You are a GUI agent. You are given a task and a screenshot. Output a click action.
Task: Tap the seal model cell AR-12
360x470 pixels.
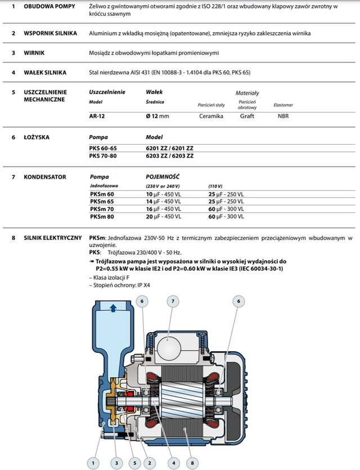(x=97, y=116)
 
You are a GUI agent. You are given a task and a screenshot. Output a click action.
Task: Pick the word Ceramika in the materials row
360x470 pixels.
(x=211, y=116)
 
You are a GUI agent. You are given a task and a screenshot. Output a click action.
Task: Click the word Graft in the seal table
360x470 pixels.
(x=247, y=116)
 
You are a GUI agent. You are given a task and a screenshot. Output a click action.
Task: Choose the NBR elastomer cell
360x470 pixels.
(x=283, y=116)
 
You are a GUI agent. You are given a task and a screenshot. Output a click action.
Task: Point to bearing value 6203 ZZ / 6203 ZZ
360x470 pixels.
(x=169, y=155)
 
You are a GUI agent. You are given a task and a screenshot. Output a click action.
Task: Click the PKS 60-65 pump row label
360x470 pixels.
(x=104, y=147)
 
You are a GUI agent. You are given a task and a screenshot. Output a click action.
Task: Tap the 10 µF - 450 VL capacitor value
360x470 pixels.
(x=164, y=194)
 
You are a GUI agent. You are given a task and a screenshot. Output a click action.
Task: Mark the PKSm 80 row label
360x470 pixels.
(x=101, y=216)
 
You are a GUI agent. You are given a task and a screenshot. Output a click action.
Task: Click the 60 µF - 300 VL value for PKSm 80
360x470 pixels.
(x=226, y=216)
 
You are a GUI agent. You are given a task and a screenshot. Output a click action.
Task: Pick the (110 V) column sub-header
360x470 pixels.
(x=215, y=186)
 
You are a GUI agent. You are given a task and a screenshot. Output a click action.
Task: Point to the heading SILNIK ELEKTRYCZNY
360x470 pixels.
(x=53, y=238)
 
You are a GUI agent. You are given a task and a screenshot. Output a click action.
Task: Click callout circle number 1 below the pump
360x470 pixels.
(x=93, y=464)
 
